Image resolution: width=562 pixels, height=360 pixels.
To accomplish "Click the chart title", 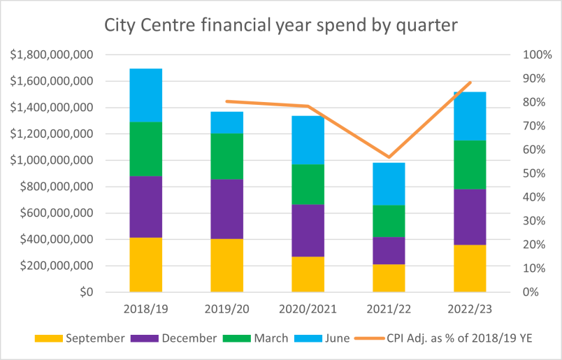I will pyautogui.click(x=280, y=27).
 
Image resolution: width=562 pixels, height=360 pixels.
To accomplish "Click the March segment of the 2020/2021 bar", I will pyautogui.click(x=308, y=185).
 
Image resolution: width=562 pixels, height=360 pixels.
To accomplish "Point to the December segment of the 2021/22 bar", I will pyautogui.click(x=389, y=250).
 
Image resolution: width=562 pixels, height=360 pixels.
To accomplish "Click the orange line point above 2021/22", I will pyautogui.click(x=389, y=157).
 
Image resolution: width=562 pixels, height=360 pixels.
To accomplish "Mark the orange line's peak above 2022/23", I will pyautogui.click(x=470, y=82).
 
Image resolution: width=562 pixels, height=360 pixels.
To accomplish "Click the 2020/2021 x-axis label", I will pyautogui.click(x=308, y=308).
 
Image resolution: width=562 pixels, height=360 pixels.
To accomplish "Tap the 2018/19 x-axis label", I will pyautogui.click(x=145, y=308).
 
